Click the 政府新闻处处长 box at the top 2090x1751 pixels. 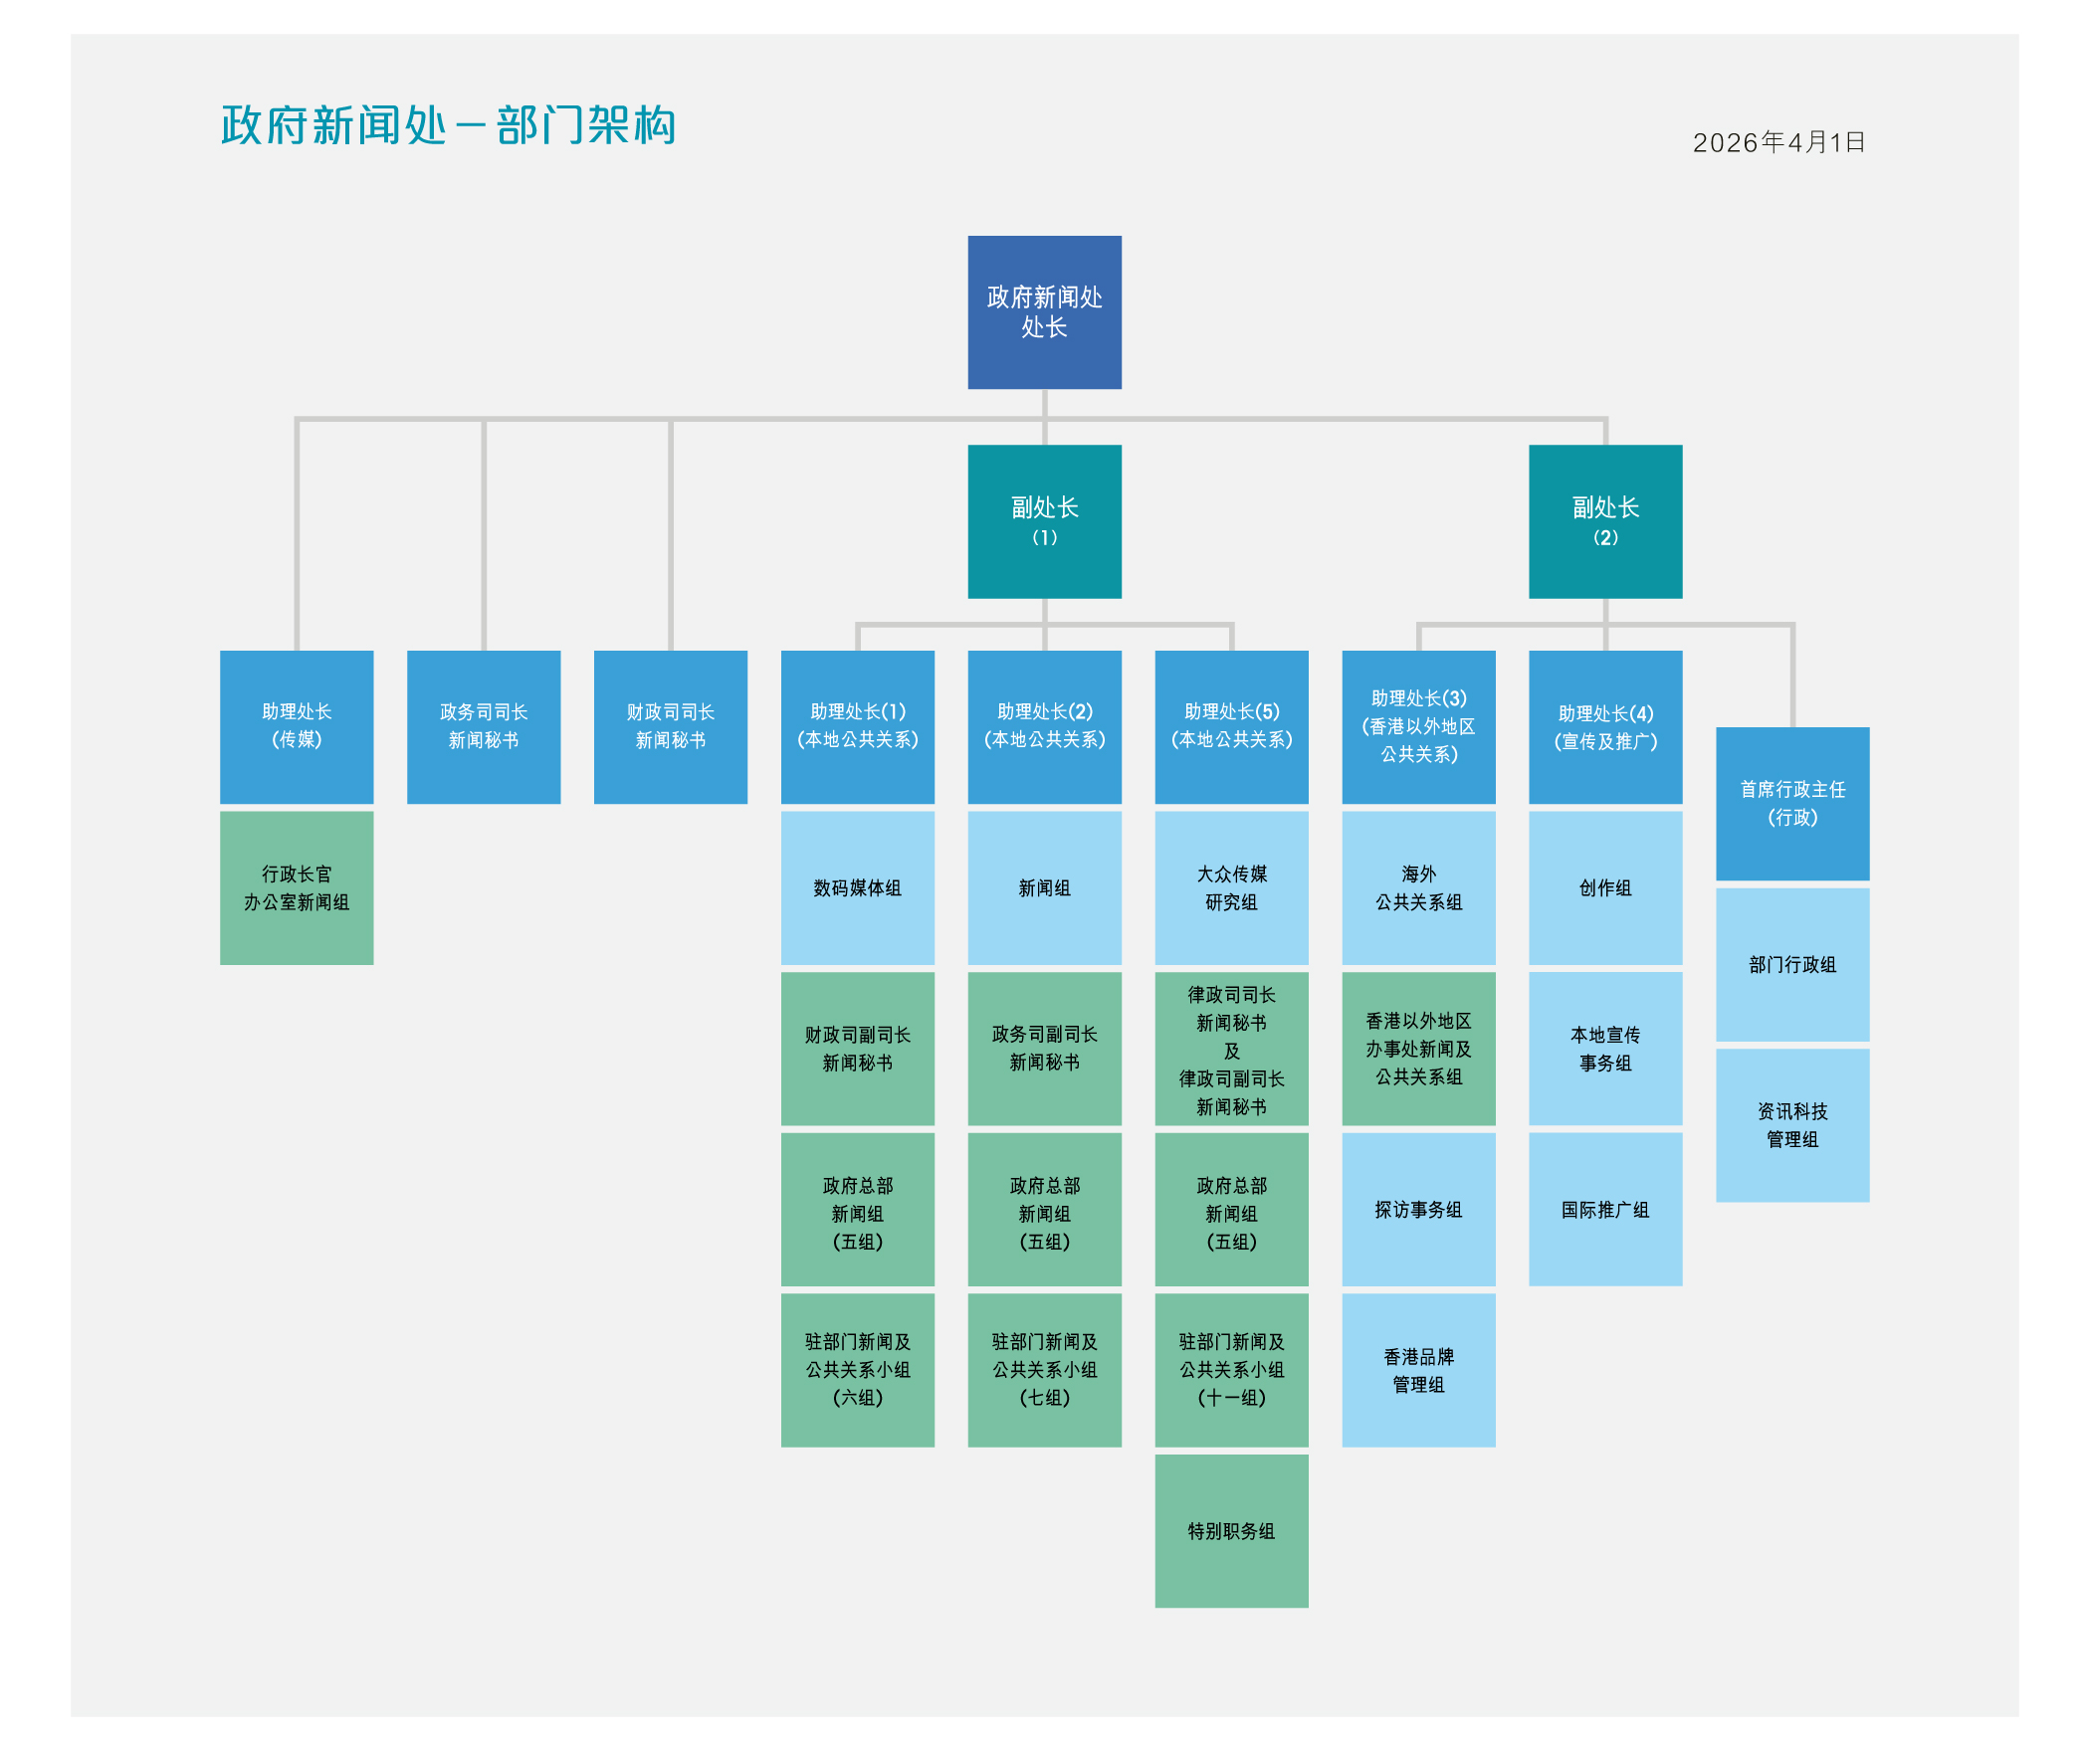(1044, 311)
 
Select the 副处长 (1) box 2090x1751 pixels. (1044, 520)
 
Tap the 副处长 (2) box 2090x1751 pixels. (1604, 520)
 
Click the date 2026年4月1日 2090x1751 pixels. (1778, 142)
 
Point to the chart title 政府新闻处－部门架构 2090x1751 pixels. (448, 125)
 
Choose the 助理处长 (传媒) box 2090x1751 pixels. (297, 726)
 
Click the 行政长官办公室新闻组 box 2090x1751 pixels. (297, 887)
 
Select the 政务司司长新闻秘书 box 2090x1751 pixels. (484, 726)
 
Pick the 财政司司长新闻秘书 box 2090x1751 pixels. (670, 726)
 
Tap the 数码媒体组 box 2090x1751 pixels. (857, 887)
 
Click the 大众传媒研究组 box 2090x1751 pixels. (1231, 887)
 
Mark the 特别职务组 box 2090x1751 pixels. (1231, 1530)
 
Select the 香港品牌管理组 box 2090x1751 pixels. (1418, 1370)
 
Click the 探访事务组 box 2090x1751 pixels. (1418, 1209)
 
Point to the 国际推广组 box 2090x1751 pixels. (1604, 1209)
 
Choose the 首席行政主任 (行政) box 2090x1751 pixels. (1791, 803)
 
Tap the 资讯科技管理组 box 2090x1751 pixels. (1791, 1124)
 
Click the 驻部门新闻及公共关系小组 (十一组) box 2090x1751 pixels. (1231, 1370)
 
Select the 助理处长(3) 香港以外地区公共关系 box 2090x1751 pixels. (1418, 726)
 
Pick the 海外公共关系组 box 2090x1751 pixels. (1418, 887)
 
